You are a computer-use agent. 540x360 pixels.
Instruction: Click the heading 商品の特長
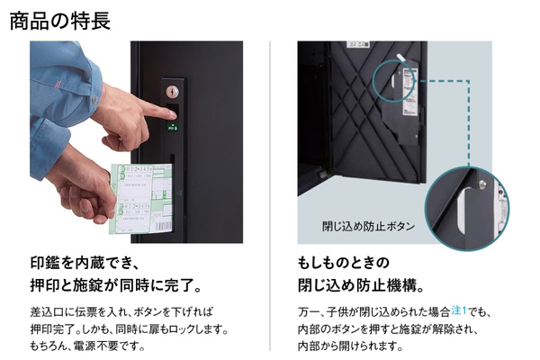(60, 21)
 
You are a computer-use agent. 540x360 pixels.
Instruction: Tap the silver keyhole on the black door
(172, 92)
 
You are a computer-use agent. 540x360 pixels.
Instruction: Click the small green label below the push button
(173, 127)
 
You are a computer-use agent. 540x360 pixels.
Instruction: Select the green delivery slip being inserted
(141, 198)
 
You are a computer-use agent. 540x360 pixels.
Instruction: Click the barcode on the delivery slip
(163, 227)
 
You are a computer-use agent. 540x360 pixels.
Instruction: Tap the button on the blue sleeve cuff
(94, 100)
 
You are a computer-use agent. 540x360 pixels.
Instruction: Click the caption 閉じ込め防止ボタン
(368, 226)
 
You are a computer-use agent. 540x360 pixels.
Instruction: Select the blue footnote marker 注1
(459, 310)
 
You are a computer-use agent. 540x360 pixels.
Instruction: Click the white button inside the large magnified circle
(463, 209)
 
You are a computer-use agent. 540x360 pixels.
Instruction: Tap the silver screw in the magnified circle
(482, 184)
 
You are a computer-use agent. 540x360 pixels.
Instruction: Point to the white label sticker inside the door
(409, 91)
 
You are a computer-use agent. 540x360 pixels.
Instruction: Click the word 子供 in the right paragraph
(337, 312)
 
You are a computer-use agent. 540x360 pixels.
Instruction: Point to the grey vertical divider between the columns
(270, 195)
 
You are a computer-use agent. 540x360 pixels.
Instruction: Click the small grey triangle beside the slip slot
(179, 193)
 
